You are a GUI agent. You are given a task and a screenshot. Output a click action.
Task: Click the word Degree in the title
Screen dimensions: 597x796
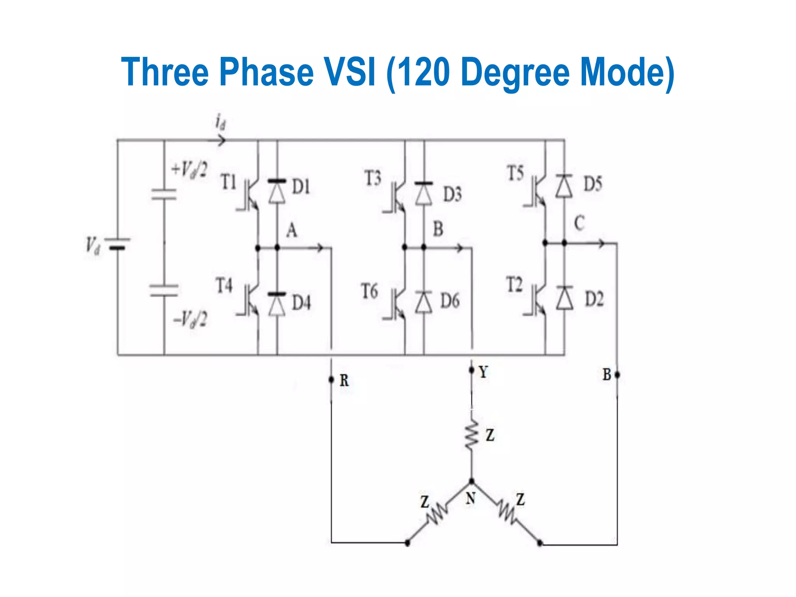tap(515, 72)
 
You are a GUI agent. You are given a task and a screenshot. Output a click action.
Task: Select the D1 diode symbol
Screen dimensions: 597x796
tap(277, 192)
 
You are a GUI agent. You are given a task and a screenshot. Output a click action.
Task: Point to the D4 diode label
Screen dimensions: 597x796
tap(302, 302)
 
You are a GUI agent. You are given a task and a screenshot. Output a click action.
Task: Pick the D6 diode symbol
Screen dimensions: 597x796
tap(424, 302)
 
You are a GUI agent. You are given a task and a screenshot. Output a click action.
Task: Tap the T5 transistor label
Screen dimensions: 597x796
tap(515, 173)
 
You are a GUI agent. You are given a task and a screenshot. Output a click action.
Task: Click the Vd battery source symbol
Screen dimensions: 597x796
tap(117, 244)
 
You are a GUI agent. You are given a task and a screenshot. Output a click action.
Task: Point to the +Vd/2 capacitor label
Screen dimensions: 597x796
tap(189, 170)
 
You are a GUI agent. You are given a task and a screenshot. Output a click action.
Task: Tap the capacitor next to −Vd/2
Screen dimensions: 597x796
tap(164, 291)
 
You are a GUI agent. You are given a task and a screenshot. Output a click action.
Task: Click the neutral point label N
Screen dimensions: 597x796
tap(471, 498)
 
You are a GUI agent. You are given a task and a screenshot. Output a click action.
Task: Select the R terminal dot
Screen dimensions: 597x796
tap(331, 379)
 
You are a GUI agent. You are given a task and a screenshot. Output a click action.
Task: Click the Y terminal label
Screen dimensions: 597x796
tap(483, 372)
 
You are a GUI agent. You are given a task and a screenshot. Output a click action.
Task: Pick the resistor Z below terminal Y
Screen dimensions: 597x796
tap(472, 435)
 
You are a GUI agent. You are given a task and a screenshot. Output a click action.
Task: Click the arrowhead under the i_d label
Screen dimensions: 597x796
tap(222, 140)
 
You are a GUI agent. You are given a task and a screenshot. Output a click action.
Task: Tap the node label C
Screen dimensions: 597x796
tap(579, 223)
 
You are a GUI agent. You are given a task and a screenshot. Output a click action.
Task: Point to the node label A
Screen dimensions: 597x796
tap(292, 230)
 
